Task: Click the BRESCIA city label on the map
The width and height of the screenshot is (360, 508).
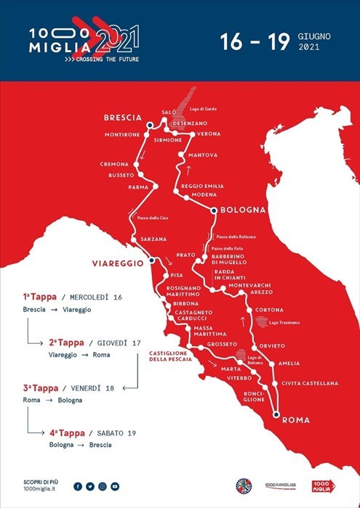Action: click(x=121, y=117)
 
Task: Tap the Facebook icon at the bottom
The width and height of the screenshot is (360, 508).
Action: click(x=78, y=486)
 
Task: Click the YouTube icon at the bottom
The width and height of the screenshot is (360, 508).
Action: click(x=115, y=486)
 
